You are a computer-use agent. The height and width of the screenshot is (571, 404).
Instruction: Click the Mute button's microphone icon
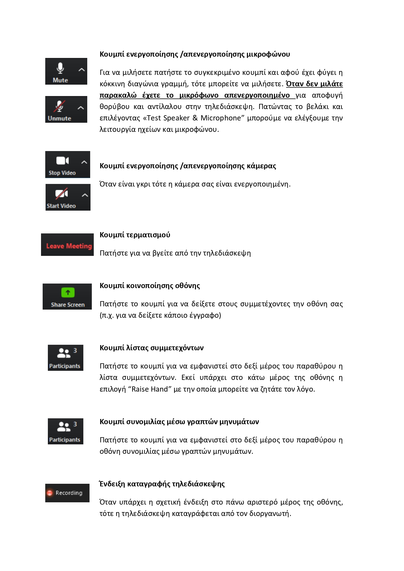(x=60, y=68)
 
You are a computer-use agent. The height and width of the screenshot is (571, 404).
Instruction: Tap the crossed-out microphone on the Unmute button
(x=59, y=106)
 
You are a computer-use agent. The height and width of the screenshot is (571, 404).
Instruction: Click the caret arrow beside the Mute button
(x=81, y=70)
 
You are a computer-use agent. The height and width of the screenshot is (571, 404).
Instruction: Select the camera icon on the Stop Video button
(x=62, y=161)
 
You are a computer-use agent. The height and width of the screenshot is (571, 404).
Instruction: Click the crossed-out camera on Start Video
(x=62, y=194)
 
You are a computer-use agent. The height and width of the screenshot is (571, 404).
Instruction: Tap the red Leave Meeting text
(x=69, y=246)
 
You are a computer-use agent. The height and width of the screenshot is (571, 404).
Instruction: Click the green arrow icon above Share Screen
(x=68, y=293)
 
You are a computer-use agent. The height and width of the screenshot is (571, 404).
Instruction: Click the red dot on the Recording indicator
(x=49, y=493)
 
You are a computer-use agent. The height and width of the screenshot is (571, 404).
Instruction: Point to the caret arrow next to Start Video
(x=85, y=195)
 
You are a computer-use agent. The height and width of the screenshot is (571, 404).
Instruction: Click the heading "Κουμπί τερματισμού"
(x=135, y=235)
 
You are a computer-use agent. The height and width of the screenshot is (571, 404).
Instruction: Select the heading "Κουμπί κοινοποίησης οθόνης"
(x=150, y=286)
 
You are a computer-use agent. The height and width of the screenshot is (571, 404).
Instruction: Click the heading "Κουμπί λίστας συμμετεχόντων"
(x=151, y=348)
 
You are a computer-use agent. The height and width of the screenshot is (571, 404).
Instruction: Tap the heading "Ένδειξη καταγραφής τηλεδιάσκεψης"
(x=162, y=484)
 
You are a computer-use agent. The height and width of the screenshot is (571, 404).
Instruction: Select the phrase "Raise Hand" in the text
(x=150, y=389)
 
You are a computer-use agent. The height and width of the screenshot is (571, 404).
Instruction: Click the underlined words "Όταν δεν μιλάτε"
(x=314, y=84)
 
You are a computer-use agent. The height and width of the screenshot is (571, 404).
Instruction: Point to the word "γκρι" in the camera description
(x=142, y=184)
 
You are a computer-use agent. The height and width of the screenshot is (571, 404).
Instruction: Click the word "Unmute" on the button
(x=59, y=118)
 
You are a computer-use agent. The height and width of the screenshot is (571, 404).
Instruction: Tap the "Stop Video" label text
(x=62, y=173)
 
